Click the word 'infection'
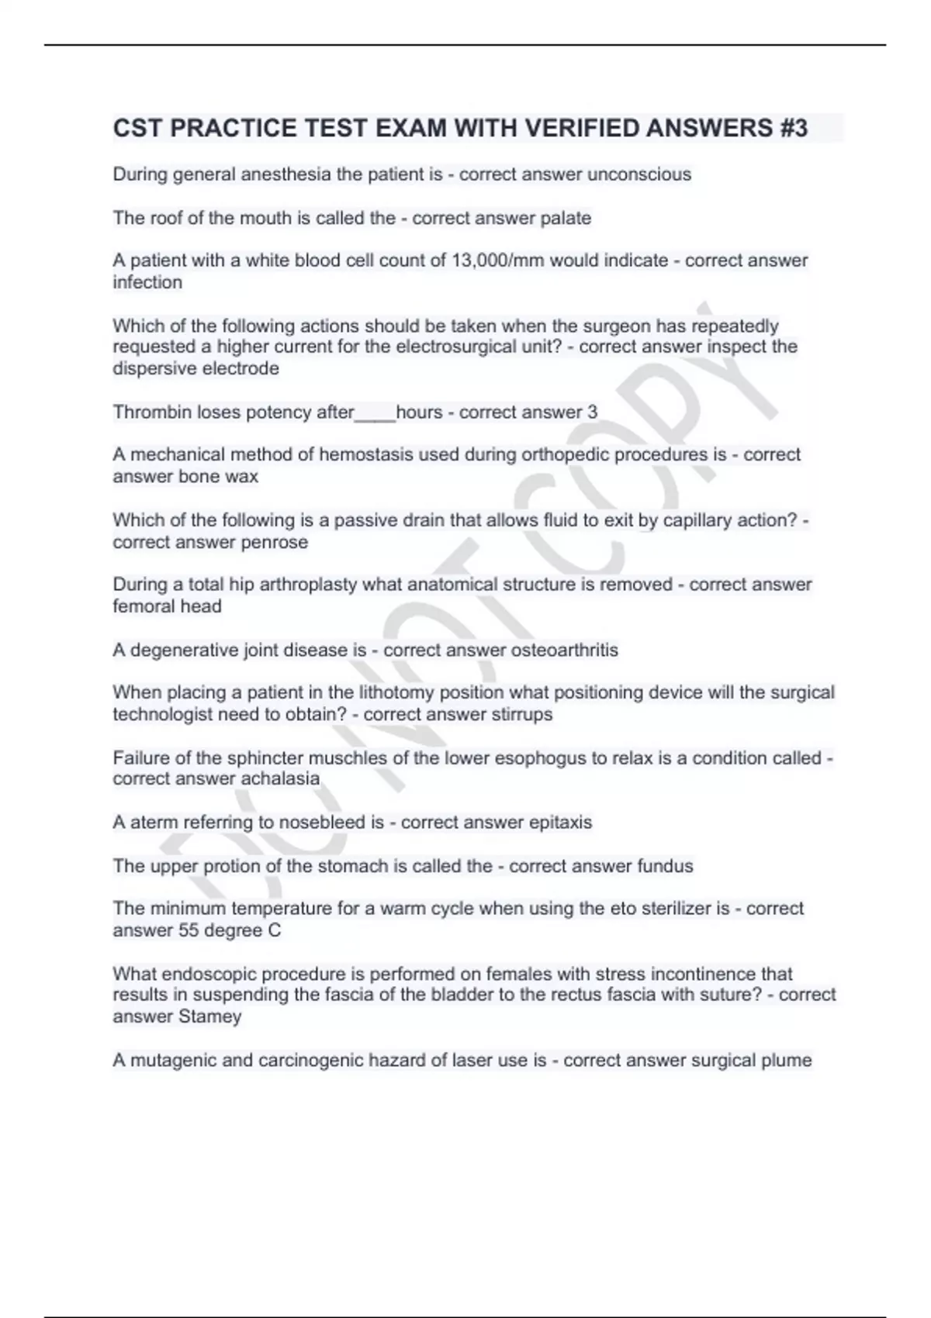click(147, 282)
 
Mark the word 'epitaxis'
click(560, 822)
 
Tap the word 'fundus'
click(665, 865)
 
